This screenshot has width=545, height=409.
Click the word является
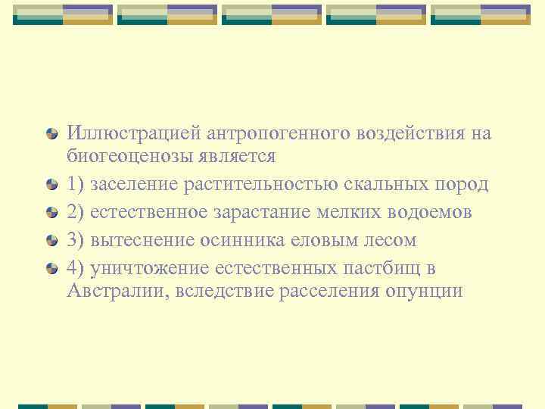243,157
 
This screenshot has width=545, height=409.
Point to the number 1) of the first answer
76,184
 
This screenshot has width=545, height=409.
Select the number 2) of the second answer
76,212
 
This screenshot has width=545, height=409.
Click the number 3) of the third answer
76,240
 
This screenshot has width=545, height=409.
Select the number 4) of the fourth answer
76,268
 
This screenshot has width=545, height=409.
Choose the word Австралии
117,291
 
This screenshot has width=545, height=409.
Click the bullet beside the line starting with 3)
51,241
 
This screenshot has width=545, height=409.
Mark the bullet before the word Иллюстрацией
51,135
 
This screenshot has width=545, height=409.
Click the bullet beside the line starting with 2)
51,213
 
